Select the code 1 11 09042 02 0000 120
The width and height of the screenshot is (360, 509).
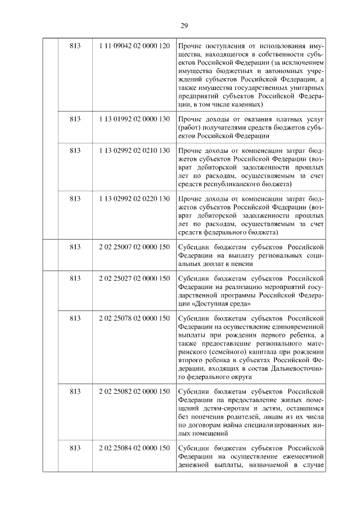(134, 45)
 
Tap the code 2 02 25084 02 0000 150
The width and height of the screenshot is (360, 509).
(134, 448)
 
